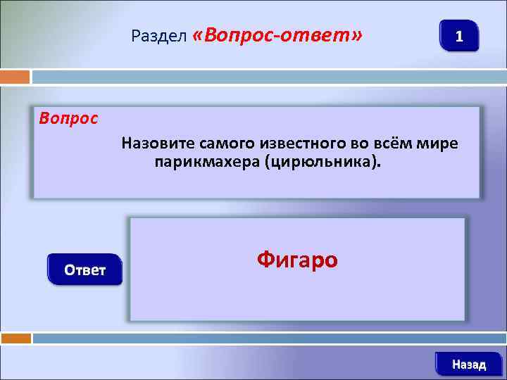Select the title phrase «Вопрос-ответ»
tap(277, 35)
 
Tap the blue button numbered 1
tap(459, 36)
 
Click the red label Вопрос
tap(68, 118)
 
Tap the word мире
tap(437, 144)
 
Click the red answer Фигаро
tap(297, 260)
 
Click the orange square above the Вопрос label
tap(15, 77)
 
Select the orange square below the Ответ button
tap(15, 338)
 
